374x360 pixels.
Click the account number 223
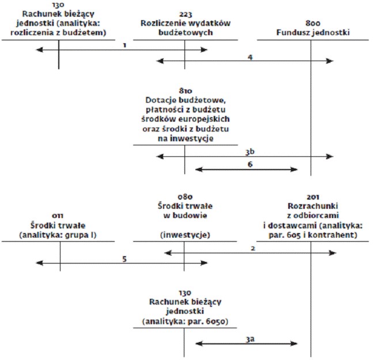186,15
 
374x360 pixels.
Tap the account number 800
313,24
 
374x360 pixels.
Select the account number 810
186,91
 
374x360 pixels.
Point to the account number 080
185,197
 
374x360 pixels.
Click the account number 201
313,197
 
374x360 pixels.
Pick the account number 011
58,216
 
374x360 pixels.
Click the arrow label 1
124,45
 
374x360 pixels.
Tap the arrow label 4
250,57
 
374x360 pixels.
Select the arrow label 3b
250,152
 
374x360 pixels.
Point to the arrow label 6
250,164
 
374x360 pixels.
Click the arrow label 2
253,249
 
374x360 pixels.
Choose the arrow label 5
124,259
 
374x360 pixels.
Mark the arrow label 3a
250,339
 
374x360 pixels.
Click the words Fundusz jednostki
313,32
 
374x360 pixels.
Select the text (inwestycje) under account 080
185,235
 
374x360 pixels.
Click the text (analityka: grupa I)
58,235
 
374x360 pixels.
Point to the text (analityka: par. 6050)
185,321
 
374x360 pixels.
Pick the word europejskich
204,119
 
